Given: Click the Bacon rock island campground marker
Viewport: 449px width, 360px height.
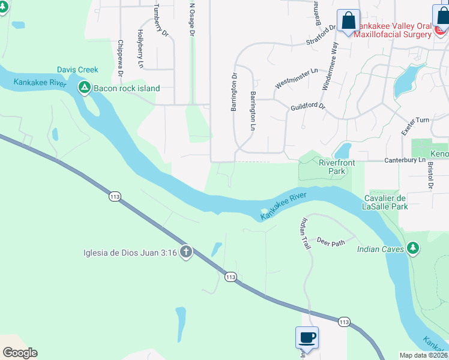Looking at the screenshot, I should (85, 88).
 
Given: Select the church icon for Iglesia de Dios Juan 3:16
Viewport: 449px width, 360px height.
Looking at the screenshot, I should (186, 252).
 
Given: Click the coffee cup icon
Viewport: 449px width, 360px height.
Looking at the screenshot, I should (307, 337).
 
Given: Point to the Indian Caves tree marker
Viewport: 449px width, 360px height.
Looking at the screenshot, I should (412, 248).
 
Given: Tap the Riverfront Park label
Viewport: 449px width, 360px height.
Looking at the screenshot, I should (337, 167).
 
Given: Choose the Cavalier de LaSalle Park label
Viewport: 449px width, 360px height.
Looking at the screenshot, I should (386, 202).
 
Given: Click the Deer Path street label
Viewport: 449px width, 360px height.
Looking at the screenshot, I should (331, 242).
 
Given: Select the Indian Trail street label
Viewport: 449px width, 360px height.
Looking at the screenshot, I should (306, 233).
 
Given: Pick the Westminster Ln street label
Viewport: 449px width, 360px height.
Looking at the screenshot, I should (297, 79).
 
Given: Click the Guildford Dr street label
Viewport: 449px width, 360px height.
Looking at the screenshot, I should (307, 106).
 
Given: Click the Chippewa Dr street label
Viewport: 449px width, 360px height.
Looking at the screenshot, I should (121, 58).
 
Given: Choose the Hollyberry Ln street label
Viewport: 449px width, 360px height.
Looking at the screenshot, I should (140, 48).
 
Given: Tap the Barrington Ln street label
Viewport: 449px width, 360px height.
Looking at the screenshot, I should (253, 111).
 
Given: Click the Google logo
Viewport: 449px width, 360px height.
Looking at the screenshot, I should (19, 352).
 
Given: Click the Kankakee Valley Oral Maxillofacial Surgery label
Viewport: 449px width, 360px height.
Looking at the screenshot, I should (393, 30).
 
